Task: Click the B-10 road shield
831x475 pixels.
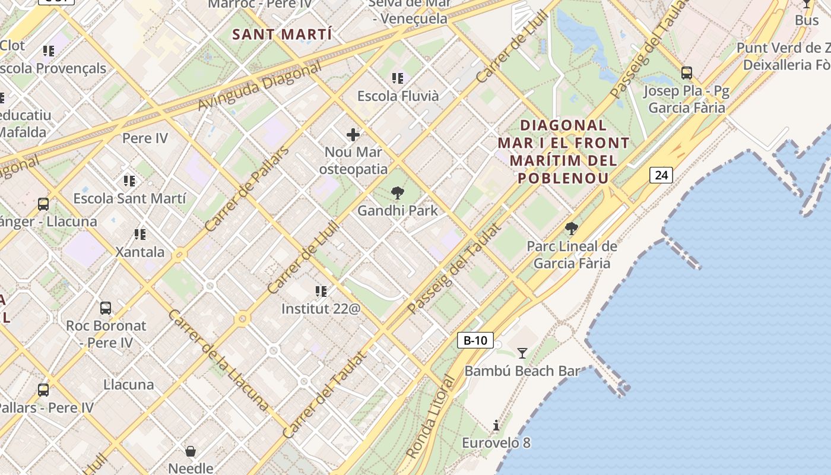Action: coord(475,340)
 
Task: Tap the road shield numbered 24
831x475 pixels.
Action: coord(661,175)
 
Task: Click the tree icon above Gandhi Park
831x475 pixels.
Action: coord(398,193)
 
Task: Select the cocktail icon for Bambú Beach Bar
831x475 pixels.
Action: coord(522,353)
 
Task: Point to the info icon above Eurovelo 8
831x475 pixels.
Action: coord(496,425)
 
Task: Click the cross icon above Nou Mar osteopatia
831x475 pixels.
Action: coord(353,135)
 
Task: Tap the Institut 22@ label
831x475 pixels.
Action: coord(321,309)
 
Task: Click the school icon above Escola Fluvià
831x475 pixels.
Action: coord(398,78)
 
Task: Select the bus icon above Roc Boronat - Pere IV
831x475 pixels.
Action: coord(106,308)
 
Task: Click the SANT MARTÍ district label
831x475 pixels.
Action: coord(282,34)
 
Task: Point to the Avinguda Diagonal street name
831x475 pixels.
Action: coord(259,87)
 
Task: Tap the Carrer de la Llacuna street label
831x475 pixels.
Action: coord(218,360)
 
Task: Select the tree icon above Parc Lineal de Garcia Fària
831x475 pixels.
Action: coord(572,229)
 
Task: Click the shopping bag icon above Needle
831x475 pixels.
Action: coord(191,451)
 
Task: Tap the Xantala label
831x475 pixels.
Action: coord(139,252)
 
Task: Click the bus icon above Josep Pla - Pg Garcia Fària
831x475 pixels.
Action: coord(687,73)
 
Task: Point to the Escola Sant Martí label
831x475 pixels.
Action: coord(129,198)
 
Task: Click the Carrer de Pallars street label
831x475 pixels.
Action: coord(246,188)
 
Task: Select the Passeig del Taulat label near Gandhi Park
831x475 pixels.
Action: coord(455,268)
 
